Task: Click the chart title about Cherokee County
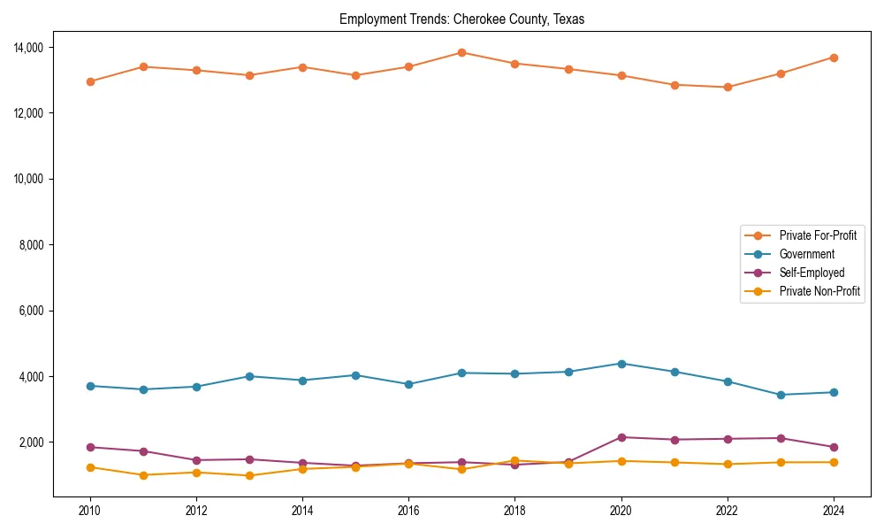[x=461, y=19]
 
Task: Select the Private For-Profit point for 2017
[x=461, y=52]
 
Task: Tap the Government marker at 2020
[x=621, y=364]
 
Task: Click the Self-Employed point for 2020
[x=621, y=437]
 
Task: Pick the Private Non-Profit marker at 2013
[x=249, y=476]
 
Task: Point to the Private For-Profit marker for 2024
[x=834, y=58]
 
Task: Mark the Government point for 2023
[x=781, y=395]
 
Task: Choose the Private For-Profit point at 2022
[x=728, y=87]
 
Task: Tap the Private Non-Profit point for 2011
[x=143, y=475]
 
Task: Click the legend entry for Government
[x=806, y=254]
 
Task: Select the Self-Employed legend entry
[x=812, y=273]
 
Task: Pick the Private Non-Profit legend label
[x=819, y=291]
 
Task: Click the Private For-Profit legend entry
[x=817, y=235]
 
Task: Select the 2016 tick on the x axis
[x=408, y=511]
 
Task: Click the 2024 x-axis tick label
[x=834, y=511]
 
